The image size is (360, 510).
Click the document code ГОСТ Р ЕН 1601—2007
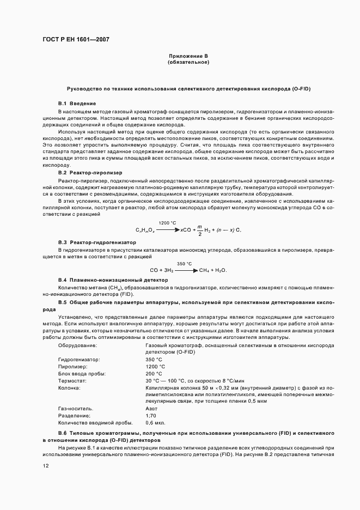[x=79, y=39]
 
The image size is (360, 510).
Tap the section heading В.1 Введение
[x=77, y=103]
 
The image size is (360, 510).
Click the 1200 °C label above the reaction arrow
[x=167, y=223]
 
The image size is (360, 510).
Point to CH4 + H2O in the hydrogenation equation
[x=213, y=270]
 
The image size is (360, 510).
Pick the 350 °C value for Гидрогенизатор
[x=154, y=360]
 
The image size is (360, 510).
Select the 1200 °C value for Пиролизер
[x=155, y=367]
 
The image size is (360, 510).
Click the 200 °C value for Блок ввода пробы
[x=154, y=374]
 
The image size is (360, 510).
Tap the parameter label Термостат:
[x=74, y=380]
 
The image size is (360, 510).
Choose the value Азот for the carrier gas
[x=152, y=408]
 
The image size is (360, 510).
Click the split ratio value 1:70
[x=151, y=415]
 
